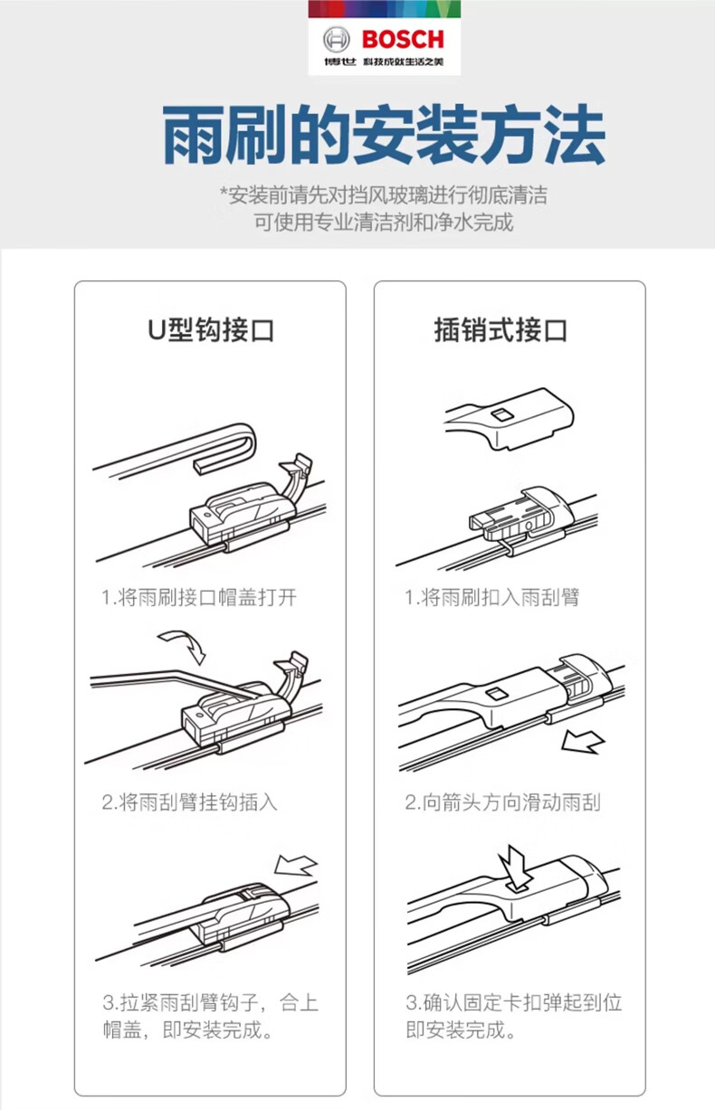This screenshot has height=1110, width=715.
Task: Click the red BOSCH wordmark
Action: [403, 39]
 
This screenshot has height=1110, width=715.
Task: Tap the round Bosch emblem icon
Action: [337, 40]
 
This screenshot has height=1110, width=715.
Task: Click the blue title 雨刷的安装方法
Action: [384, 134]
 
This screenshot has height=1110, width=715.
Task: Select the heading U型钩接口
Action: [210, 329]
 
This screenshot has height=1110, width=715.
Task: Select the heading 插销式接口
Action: [500, 329]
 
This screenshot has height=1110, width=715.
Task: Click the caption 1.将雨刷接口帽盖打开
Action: [199, 597]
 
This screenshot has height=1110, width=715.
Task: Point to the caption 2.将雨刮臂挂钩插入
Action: [189, 802]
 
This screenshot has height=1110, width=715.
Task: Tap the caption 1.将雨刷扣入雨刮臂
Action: [491, 597]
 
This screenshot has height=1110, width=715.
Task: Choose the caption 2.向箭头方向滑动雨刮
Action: [502, 802]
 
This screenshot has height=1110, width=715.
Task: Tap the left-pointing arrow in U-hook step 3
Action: [296, 866]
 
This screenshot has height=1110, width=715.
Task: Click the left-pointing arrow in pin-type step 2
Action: [582, 742]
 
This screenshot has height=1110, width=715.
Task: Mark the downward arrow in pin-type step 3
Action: [515, 867]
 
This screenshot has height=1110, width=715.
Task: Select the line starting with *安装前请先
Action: [384, 194]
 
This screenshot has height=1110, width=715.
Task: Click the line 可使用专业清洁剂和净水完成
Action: [384, 222]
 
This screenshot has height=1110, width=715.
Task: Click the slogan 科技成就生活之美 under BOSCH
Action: [403, 62]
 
